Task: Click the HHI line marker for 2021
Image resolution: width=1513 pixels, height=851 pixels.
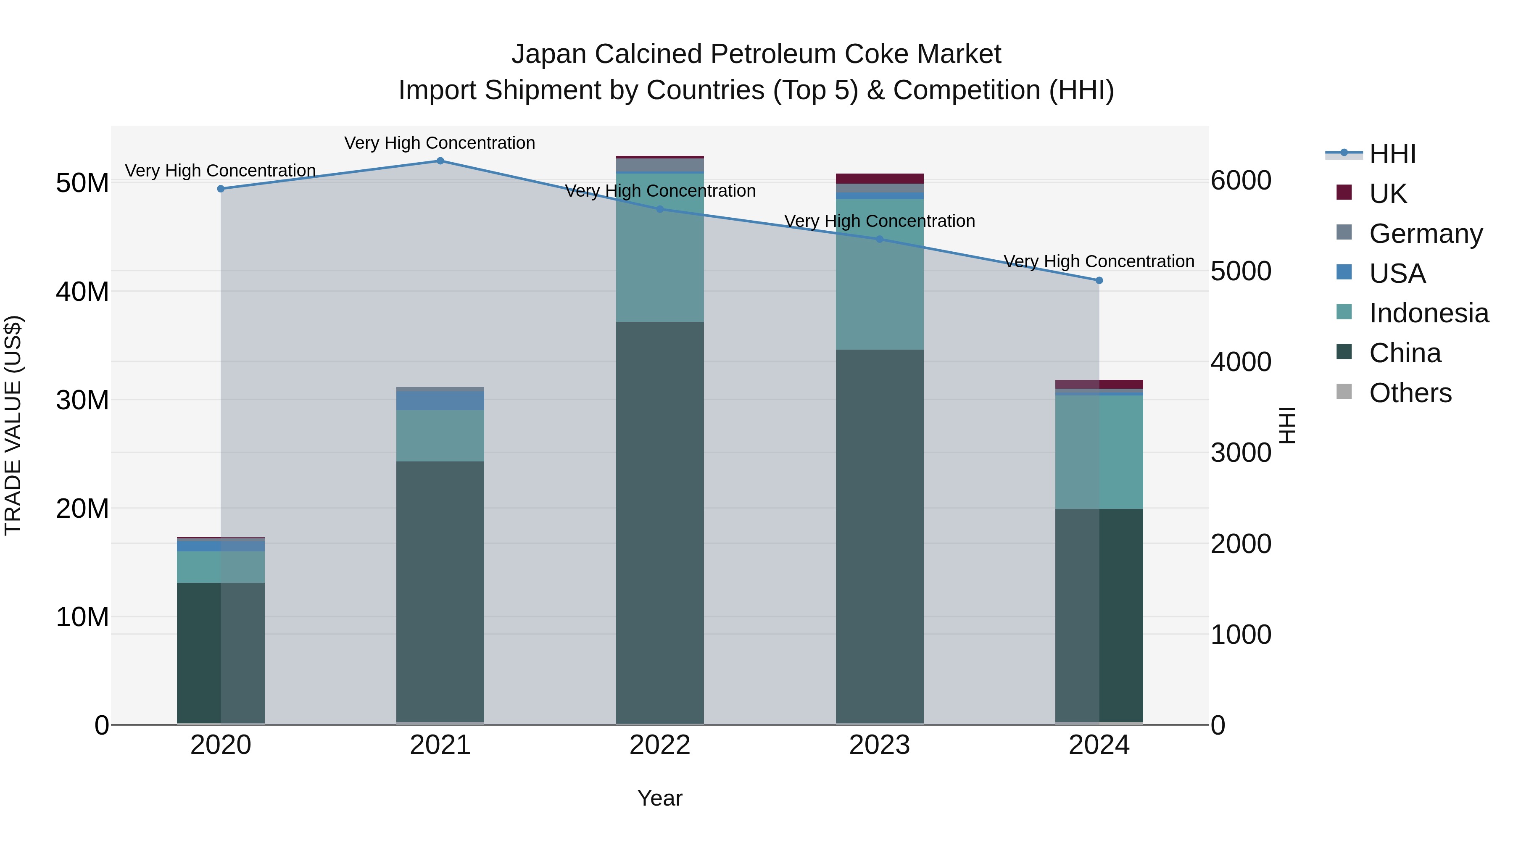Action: point(440,161)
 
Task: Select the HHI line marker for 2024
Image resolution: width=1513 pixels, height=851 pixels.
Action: point(1099,281)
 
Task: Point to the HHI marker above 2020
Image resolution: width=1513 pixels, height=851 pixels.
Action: point(221,189)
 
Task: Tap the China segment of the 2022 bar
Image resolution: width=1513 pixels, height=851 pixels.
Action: point(659,523)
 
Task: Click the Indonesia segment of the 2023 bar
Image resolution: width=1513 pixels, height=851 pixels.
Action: point(879,274)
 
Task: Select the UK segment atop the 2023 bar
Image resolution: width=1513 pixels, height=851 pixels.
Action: point(879,179)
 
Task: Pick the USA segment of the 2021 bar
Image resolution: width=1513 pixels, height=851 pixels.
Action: point(440,400)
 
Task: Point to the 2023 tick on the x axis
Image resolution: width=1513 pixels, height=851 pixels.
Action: point(879,745)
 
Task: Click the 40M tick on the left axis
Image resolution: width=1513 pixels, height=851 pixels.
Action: point(82,291)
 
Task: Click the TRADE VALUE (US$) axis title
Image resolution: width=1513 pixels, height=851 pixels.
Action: point(13,425)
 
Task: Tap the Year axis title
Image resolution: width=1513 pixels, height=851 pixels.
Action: point(659,798)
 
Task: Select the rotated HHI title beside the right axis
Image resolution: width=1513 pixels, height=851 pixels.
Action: point(1286,425)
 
